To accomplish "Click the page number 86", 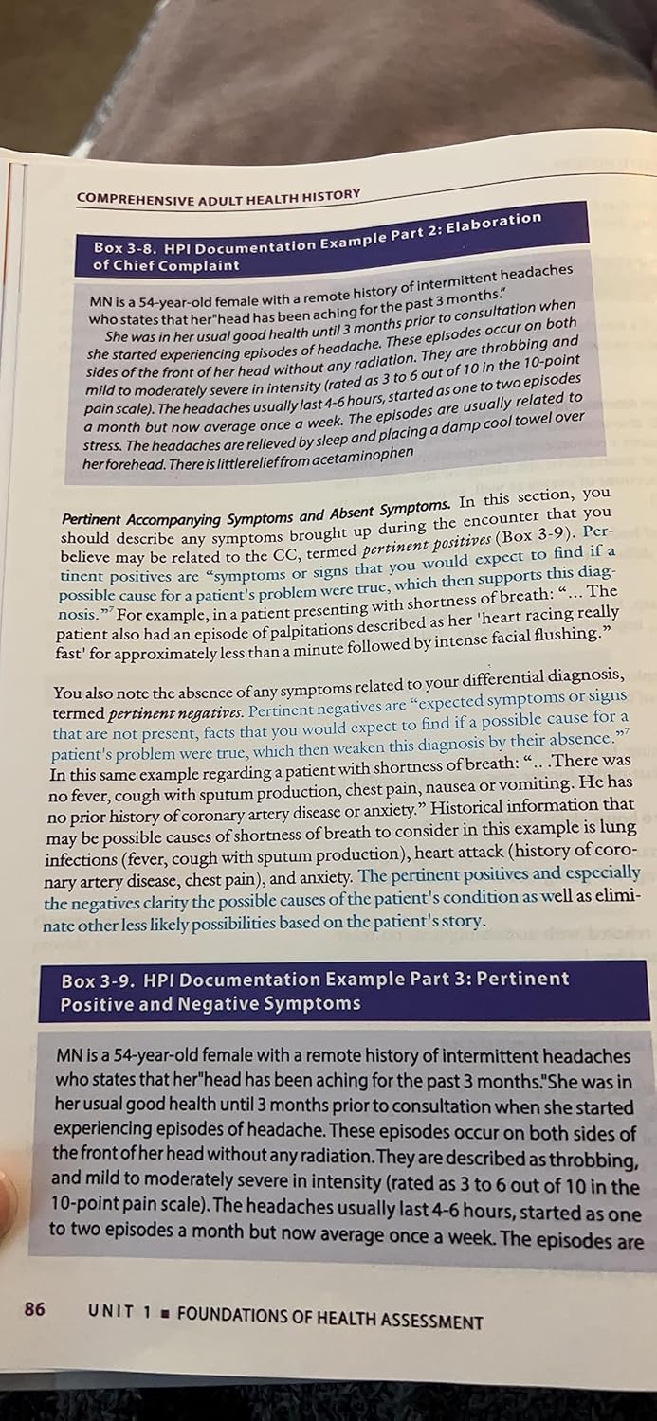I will click(34, 1310).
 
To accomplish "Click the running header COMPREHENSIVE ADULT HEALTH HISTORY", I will click(218, 196).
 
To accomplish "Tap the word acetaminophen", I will click(361, 453).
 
